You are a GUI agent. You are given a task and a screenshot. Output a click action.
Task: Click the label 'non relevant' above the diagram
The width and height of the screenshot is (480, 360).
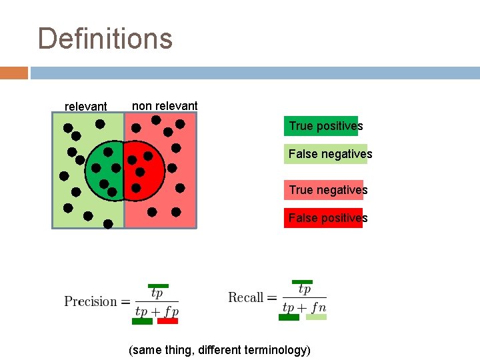point(165,106)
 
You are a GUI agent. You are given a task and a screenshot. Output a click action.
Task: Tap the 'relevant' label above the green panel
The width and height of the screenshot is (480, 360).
point(85,107)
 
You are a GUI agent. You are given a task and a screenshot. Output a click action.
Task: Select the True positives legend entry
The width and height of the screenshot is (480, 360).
point(325,126)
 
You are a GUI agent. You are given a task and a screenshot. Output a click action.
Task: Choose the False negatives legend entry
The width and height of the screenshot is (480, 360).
point(330,154)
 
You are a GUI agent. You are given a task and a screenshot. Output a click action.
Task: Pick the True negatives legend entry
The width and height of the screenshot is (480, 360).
point(327,190)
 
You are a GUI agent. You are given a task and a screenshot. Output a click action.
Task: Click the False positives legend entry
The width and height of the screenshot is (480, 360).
point(327,218)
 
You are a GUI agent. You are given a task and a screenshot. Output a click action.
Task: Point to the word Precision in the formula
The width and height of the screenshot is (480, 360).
point(91,301)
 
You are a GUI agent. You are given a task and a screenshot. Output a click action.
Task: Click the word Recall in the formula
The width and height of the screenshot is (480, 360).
point(246,297)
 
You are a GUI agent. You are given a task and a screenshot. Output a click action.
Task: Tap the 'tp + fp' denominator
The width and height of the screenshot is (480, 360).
point(157,311)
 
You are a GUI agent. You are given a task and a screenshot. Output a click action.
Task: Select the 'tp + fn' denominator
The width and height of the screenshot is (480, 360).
point(304,307)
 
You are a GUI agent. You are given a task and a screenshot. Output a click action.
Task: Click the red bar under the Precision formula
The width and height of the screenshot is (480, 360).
point(168,321)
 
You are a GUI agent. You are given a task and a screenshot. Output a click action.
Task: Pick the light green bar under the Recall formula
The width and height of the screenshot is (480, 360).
point(316,317)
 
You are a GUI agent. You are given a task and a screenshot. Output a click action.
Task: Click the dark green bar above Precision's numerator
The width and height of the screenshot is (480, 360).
point(158,285)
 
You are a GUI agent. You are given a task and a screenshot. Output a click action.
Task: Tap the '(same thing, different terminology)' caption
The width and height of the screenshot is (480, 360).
point(219,349)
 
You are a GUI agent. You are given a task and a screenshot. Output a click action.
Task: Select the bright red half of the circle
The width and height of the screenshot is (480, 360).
point(144,171)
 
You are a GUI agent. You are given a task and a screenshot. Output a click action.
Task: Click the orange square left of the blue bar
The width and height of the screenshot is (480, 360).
point(14,73)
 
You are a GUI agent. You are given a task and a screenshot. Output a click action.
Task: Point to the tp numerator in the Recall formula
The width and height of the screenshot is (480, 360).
point(304,289)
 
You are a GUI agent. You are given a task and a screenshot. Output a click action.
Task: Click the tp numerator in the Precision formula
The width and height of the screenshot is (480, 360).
point(157,293)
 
